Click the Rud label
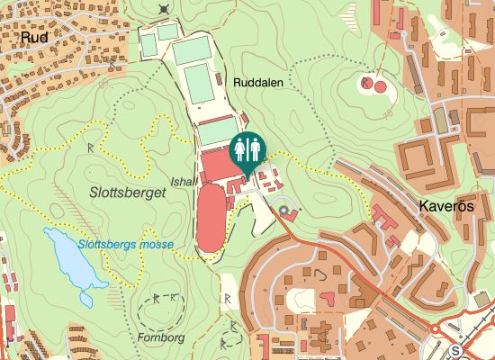[33, 39]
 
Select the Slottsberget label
[121, 192]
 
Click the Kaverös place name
[446, 207]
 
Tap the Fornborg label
[161, 338]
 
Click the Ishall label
[184, 181]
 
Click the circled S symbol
[456, 351]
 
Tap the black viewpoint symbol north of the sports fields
[163, 9]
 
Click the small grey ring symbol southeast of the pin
[285, 212]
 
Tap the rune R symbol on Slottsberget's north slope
[92, 146]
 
